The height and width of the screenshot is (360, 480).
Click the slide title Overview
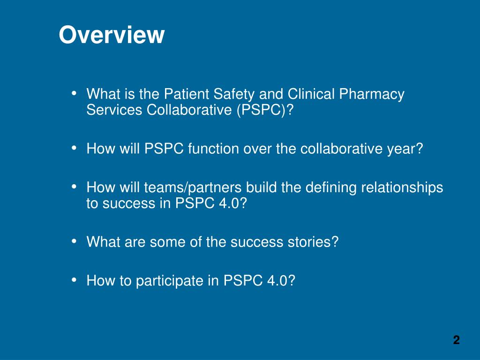click(112, 35)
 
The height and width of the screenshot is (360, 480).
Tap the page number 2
click(456, 340)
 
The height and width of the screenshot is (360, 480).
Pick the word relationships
click(402, 187)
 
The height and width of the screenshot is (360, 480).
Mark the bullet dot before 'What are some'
click(74, 241)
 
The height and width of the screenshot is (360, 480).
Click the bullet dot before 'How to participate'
click(74, 280)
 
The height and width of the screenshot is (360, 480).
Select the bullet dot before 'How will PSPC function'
click(74, 148)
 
